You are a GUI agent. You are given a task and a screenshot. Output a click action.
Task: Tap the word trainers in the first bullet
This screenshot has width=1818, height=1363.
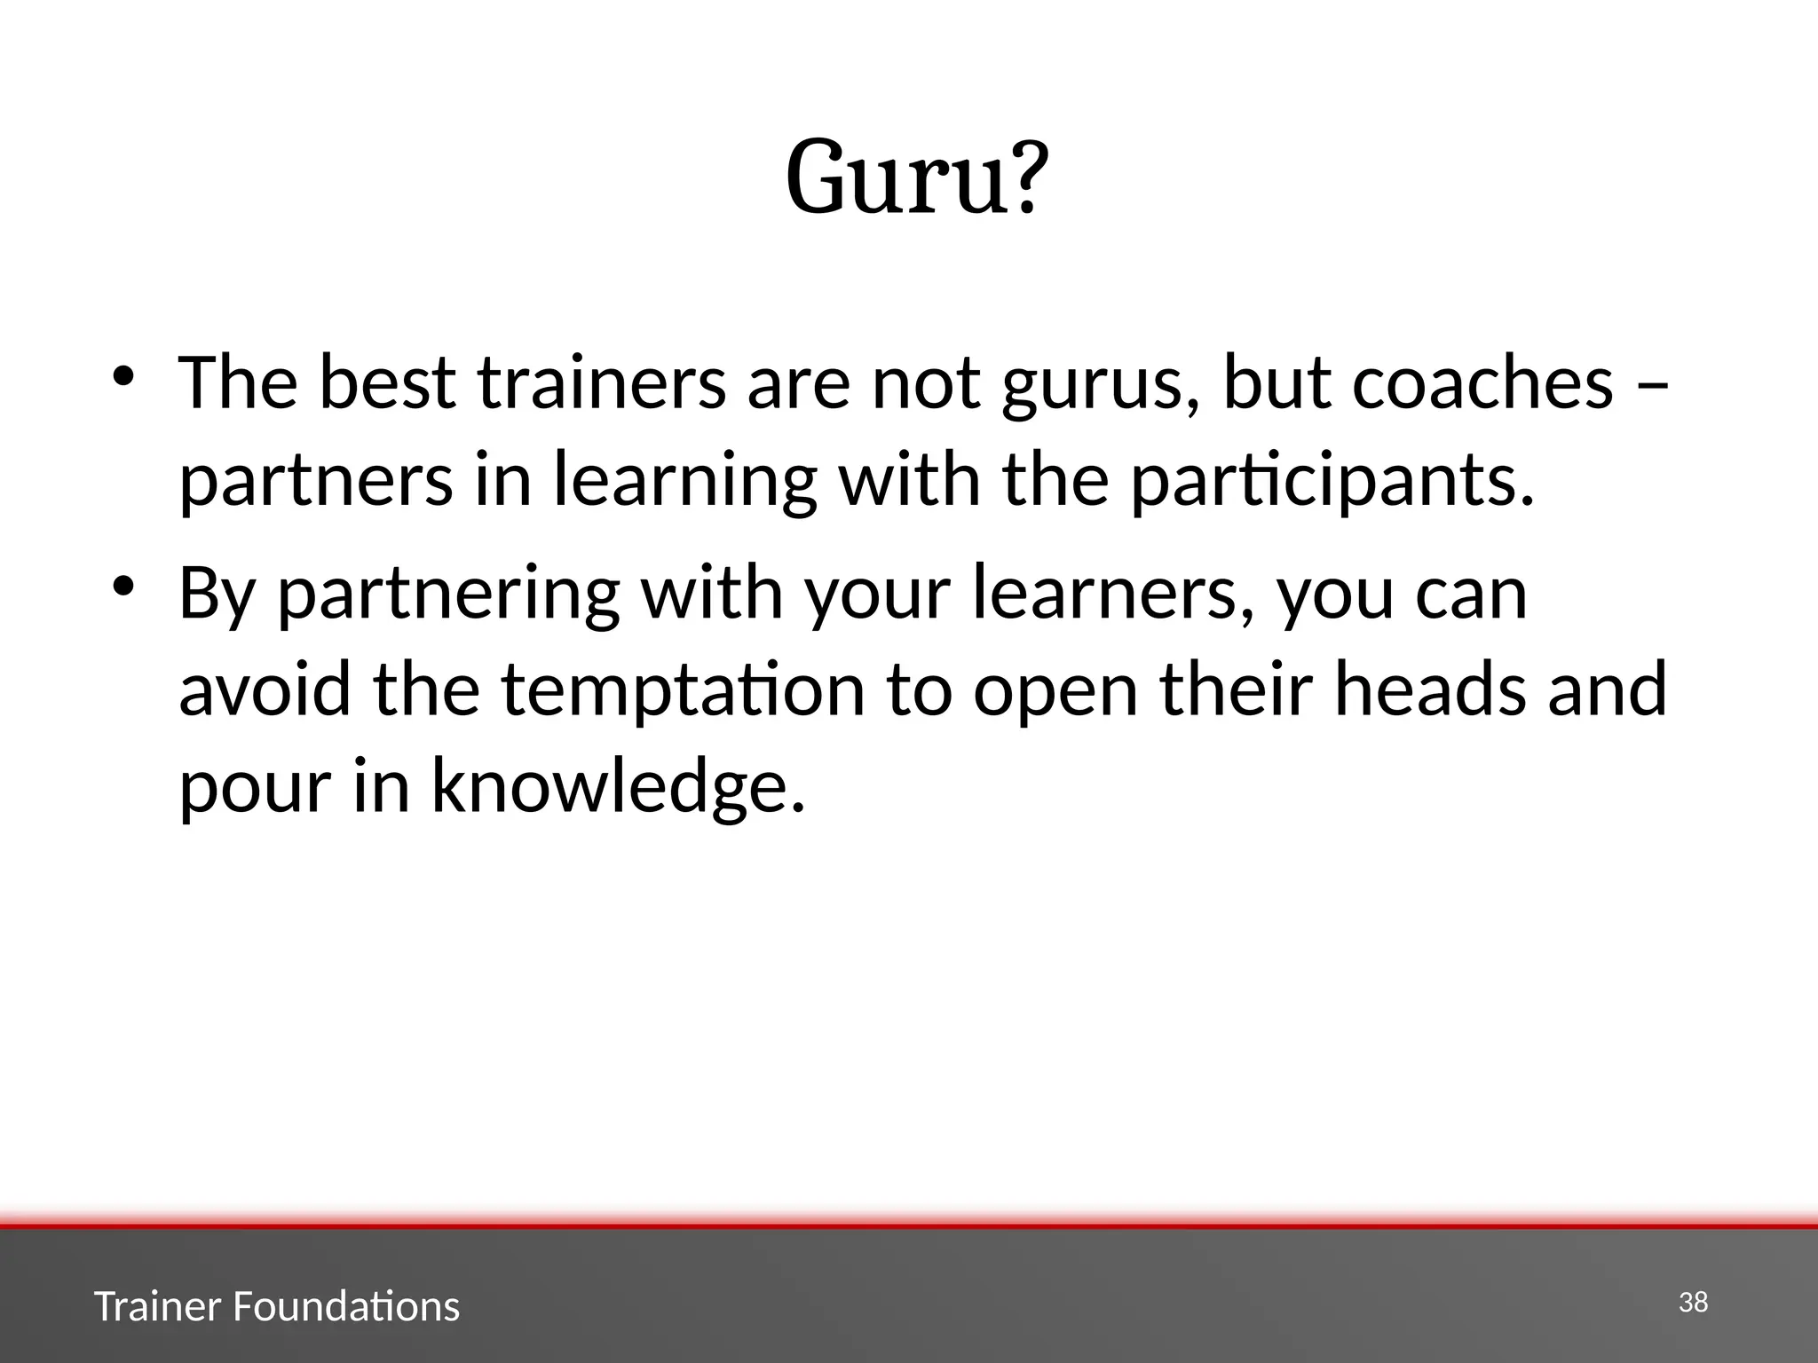point(601,383)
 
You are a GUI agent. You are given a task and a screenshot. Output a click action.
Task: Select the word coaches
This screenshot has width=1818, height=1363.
point(1482,383)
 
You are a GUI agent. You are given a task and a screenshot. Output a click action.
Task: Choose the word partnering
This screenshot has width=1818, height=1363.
point(448,595)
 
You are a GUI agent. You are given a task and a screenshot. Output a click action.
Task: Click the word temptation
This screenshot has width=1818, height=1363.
point(683,692)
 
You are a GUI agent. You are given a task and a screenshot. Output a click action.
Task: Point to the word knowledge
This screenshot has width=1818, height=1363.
point(618,789)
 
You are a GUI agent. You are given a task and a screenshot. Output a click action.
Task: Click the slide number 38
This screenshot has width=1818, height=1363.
point(1694,1303)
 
